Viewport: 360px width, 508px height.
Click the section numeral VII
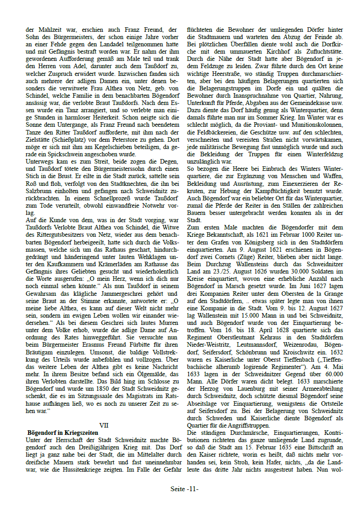pos(104,425)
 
